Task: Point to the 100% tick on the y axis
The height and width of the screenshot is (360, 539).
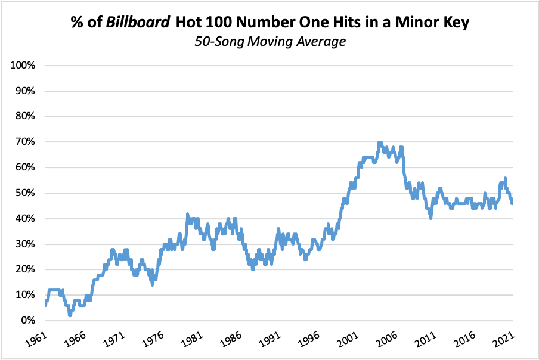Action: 24,65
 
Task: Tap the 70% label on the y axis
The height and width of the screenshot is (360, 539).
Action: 27,142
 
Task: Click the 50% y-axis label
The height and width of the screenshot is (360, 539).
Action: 27,193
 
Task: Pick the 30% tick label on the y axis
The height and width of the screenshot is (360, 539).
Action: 27,244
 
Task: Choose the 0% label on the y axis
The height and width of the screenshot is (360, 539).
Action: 29,320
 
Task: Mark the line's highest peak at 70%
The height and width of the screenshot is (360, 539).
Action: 380,142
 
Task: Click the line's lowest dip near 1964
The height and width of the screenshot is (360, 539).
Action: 70,315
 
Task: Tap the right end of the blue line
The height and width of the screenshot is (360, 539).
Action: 512,203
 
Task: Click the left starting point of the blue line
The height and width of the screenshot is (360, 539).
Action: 46,305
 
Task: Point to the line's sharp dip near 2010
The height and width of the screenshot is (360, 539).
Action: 430,218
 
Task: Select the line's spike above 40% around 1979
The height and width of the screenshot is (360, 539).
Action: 187,214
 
